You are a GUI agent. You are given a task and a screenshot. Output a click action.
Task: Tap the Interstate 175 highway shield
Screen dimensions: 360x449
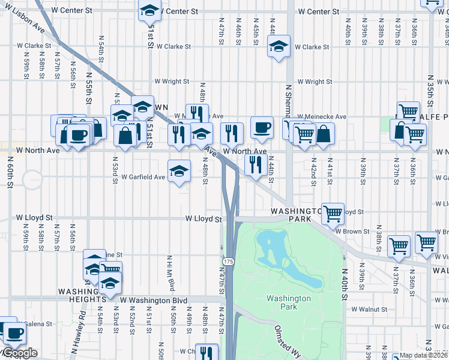click(228, 262)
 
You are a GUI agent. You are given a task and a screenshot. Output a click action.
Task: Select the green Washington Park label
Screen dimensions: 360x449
click(289, 302)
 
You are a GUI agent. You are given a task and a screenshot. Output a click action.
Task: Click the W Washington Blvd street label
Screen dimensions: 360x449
click(154, 300)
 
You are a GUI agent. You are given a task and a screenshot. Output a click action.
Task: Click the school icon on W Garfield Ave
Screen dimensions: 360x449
click(179, 172)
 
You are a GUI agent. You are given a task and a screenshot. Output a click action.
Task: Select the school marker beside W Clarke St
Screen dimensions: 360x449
click(279, 47)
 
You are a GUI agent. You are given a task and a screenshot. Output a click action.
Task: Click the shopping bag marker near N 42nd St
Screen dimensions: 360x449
click(323, 134)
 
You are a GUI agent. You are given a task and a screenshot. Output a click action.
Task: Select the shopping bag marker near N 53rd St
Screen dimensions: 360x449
click(124, 136)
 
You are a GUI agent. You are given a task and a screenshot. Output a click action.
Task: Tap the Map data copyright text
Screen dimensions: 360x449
click(424, 355)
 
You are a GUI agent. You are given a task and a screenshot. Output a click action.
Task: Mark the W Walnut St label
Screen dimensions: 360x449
click(370, 309)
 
